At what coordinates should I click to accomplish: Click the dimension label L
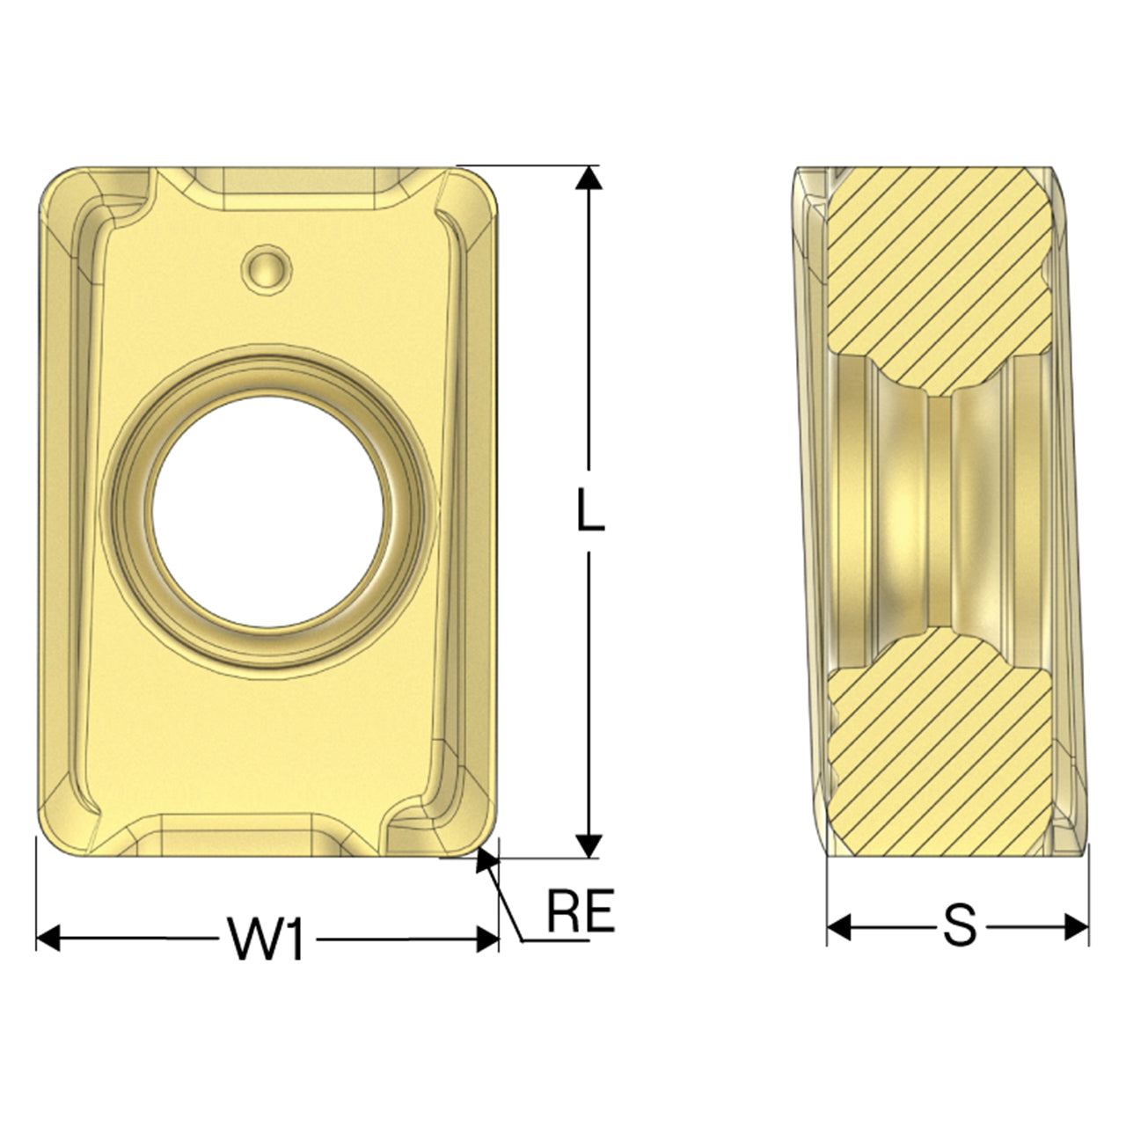590,510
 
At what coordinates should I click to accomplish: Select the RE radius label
581,910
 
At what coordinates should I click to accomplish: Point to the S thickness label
959,926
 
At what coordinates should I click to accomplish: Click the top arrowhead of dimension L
589,178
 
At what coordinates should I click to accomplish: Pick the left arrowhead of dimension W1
48,939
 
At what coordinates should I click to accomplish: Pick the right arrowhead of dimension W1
487,939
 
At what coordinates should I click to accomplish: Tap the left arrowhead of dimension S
839,927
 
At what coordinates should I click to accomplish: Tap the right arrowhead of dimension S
1077,927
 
